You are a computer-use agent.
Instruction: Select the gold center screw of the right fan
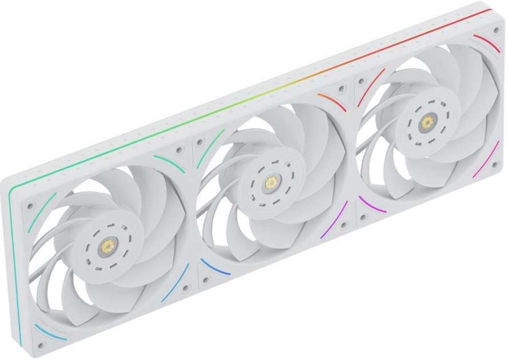[426, 122]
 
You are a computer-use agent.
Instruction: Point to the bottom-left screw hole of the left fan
[40, 346]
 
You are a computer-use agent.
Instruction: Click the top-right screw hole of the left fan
[180, 151]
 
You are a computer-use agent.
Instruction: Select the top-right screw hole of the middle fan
[342, 90]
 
